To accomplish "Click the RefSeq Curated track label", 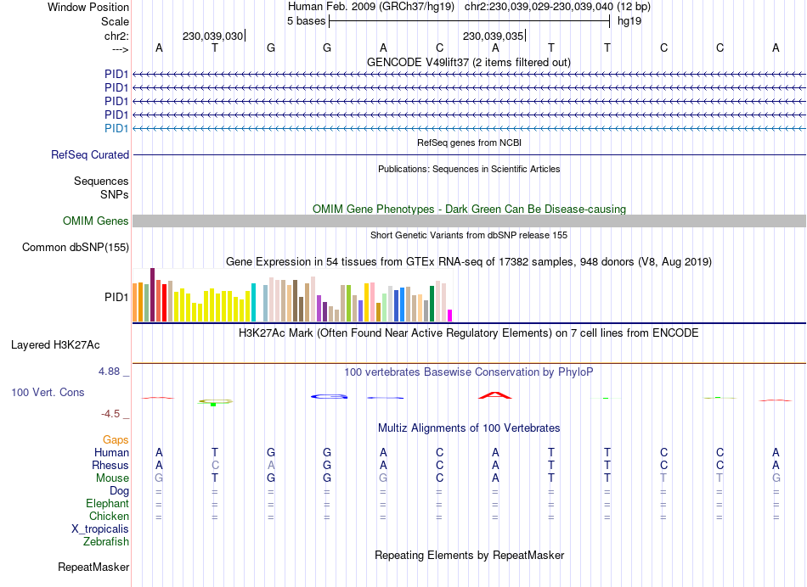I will coord(90,155).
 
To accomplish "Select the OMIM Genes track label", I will coord(96,221).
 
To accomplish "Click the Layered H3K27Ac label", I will coord(55,345).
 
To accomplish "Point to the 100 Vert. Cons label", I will coord(48,393).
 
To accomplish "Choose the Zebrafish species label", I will coord(106,542).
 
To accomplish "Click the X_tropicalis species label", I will coord(100,529).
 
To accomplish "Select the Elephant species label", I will coord(108,504).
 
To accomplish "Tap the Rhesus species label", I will coord(110,466).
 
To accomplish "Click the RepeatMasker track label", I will coord(93,567).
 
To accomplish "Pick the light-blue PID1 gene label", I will coord(116,128).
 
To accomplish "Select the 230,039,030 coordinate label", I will coord(212,36).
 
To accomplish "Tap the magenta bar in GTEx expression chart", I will coord(450,316).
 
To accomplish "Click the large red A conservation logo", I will coord(495,394).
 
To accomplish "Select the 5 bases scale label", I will coord(306,20).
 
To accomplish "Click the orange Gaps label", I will coord(116,440).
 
